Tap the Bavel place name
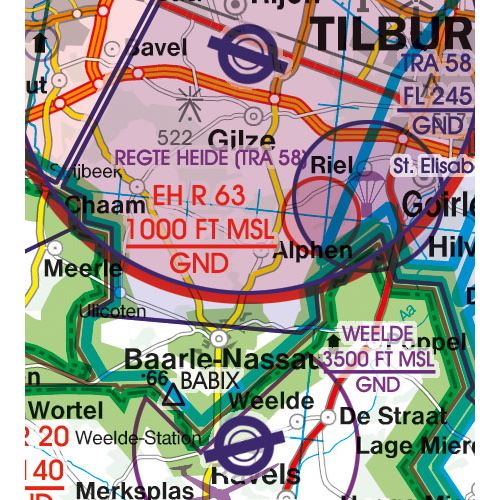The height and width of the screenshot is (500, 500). pos(158,47)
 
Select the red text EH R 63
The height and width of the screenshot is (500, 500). pos(198,196)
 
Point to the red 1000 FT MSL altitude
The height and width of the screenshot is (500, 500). pos(199,230)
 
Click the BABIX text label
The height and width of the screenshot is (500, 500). pos(211,381)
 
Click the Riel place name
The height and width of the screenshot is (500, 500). pos(334,164)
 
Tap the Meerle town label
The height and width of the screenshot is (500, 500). pos(84,269)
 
